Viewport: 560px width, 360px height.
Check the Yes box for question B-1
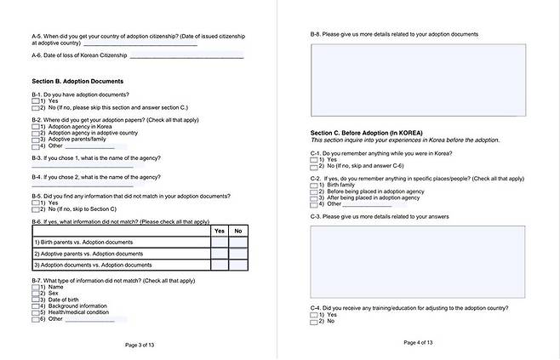coord(36,101)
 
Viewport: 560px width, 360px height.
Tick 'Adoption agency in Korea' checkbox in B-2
coord(36,127)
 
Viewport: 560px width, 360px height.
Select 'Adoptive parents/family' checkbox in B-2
coord(36,139)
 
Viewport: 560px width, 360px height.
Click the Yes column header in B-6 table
coord(219,231)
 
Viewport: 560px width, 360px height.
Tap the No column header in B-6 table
coord(238,231)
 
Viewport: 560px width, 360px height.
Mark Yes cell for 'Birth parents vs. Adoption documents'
coord(219,242)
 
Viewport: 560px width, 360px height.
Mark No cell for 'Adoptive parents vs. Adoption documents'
coord(238,254)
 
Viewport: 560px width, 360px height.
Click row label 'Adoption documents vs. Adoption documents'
coord(89,266)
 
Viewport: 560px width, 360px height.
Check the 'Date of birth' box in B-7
coord(36,300)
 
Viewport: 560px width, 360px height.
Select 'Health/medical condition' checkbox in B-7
coord(36,311)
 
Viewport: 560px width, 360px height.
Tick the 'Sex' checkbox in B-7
coord(36,294)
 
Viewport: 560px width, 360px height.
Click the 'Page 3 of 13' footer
coord(140,345)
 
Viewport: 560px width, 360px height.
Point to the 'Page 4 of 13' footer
coord(418,343)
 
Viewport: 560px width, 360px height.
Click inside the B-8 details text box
coord(417,79)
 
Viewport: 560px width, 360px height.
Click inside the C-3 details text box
coord(417,261)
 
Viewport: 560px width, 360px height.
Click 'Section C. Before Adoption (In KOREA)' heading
coord(366,134)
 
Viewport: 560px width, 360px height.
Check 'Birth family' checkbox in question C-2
coord(314,185)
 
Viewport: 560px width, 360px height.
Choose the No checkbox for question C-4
coord(314,322)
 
